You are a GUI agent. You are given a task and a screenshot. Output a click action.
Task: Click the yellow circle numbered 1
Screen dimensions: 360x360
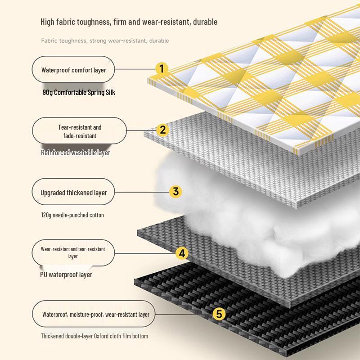click(x=162, y=68)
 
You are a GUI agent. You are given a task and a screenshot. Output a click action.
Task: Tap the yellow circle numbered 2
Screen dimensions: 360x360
click(x=162, y=130)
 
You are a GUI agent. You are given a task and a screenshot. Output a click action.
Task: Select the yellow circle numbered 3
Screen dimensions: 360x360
click(x=175, y=192)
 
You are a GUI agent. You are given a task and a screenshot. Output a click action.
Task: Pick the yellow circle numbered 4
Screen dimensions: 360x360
click(x=182, y=253)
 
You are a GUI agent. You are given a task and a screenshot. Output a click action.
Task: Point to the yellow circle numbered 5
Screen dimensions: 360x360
click(x=219, y=314)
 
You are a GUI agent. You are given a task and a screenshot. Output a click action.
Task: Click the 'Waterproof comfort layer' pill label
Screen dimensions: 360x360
click(x=73, y=69)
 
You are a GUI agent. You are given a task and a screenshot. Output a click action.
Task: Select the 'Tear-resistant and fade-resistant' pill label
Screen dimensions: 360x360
click(x=80, y=130)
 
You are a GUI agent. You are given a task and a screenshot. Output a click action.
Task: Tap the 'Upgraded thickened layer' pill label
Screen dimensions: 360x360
click(x=73, y=192)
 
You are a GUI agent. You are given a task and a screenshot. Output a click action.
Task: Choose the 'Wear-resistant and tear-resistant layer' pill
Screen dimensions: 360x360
click(x=73, y=253)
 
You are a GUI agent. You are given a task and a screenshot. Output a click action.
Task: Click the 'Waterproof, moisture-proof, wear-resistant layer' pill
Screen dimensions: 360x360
click(x=94, y=314)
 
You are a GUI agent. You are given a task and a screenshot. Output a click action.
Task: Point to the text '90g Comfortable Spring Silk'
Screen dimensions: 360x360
click(x=79, y=92)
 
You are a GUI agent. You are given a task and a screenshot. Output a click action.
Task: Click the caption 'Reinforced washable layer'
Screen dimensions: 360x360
click(x=76, y=153)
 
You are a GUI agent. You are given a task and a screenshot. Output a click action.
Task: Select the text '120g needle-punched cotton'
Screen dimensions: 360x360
click(x=72, y=215)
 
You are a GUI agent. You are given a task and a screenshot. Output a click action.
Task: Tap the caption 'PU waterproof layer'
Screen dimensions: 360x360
click(x=66, y=274)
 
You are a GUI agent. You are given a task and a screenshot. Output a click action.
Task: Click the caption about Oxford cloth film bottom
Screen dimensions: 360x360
click(x=94, y=336)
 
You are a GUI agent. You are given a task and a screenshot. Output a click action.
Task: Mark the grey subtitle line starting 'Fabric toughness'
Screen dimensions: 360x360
click(x=105, y=41)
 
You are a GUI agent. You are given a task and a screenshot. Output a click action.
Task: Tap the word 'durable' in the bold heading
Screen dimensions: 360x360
click(x=205, y=22)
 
